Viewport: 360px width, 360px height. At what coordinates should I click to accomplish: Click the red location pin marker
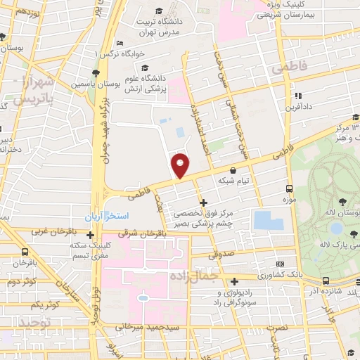pos(181,165)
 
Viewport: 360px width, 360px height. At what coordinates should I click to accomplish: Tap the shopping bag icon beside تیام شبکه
pos(233,169)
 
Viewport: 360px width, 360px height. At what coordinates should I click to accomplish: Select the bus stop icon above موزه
pos(288,188)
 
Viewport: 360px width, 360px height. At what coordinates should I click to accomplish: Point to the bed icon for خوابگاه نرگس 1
pos(120,44)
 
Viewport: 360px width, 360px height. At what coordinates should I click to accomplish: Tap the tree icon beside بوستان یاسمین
pos(95,72)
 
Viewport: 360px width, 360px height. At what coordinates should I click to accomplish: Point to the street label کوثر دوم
pos(21,281)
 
